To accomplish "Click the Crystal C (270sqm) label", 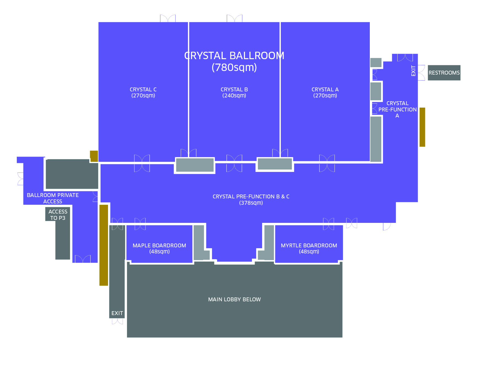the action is [x=143, y=92].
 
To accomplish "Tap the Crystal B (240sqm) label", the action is [x=234, y=92].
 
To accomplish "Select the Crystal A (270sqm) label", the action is [x=325, y=92].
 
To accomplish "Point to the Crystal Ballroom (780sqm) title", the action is [x=234, y=61].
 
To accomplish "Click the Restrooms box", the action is [x=444, y=73].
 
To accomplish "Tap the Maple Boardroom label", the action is [x=159, y=248].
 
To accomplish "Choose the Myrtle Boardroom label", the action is [x=309, y=248].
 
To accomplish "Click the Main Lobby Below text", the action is [x=235, y=299].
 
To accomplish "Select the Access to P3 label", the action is [x=58, y=215].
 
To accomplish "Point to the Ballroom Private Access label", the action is [x=53, y=198].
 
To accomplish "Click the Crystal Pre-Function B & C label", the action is [x=251, y=199].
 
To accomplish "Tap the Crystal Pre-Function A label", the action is [x=397, y=109].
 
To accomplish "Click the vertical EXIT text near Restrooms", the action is [x=413, y=71].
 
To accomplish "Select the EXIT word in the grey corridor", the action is [x=117, y=313].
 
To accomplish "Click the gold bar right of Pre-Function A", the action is [x=422, y=127].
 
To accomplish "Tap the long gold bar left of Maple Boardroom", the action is [x=104, y=245].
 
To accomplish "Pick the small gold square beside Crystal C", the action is [x=94, y=156].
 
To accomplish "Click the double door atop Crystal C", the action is [x=168, y=18].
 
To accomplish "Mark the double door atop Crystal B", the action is [x=235, y=18].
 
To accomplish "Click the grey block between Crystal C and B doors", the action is [x=195, y=165].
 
